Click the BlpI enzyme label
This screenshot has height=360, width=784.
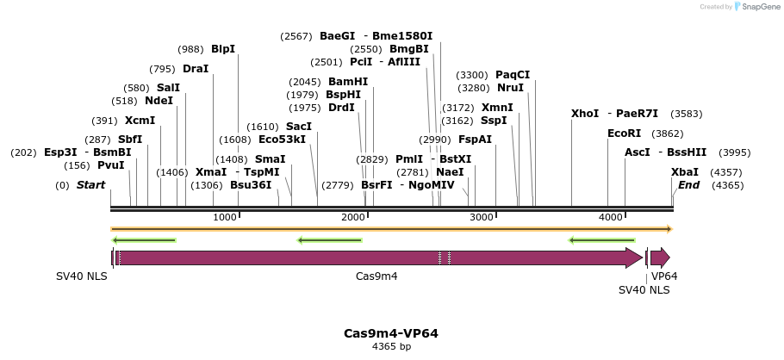click(x=223, y=49)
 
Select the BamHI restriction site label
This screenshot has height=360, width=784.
click(x=348, y=82)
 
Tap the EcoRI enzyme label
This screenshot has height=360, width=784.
click(x=625, y=133)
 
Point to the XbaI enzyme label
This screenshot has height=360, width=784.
click(x=685, y=172)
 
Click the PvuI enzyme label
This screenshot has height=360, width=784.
click(x=111, y=165)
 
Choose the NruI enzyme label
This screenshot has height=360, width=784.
click(x=510, y=88)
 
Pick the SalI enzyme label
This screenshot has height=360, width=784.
click(x=168, y=88)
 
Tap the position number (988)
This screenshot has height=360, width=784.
click(x=190, y=49)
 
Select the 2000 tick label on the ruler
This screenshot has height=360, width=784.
click(x=353, y=217)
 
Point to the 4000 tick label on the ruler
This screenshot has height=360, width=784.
click(x=611, y=217)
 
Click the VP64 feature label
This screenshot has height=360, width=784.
click(x=664, y=276)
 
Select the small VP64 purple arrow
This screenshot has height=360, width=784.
click(x=660, y=257)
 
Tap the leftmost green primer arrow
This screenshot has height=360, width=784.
click(x=144, y=240)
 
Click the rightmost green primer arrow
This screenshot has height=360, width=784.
click(x=601, y=240)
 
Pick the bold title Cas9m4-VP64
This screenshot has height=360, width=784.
click(x=391, y=333)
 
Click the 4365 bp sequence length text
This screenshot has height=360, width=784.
click(x=391, y=346)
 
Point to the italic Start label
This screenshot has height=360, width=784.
click(x=91, y=185)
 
